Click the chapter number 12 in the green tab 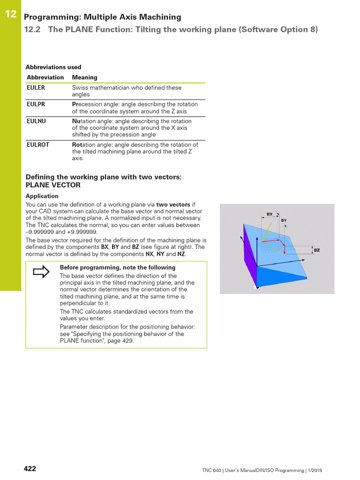[x=11, y=15]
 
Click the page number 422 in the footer [x=30, y=469]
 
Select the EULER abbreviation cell [x=36, y=88]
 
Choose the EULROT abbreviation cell [x=38, y=145]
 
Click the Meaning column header [x=85, y=77]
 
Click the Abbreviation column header [x=45, y=77]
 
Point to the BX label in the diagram [x=270, y=214]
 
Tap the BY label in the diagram [x=284, y=220]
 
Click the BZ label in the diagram [x=317, y=250]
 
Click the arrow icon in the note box [x=41, y=272]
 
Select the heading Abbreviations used [x=53, y=67]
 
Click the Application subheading [x=42, y=196]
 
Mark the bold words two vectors [x=173, y=205]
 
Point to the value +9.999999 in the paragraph [x=82, y=232]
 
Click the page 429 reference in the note [x=122, y=341]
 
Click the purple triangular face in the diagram [x=250, y=253]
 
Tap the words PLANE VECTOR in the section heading [x=53, y=185]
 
